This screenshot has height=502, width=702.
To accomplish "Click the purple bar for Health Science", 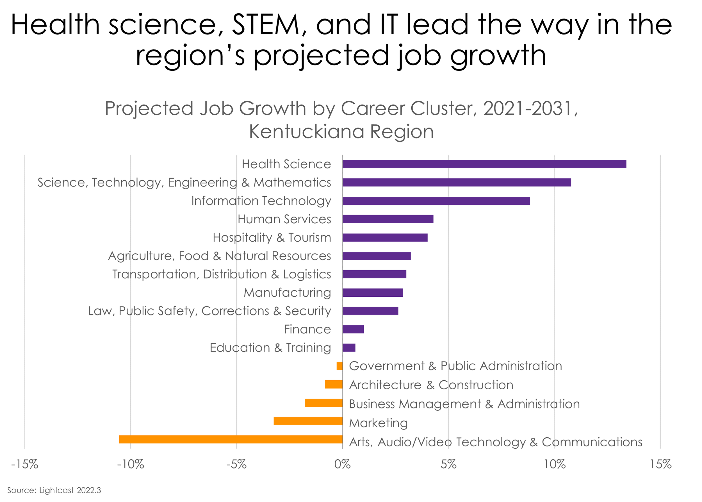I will click(x=484, y=164).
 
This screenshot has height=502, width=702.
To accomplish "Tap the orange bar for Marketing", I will click(x=308, y=421).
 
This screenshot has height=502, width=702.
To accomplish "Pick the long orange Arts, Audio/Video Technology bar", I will click(x=231, y=439).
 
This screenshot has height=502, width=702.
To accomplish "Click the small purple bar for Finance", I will click(x=353, y=329).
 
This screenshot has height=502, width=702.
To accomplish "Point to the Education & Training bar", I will click(x=349, y=348).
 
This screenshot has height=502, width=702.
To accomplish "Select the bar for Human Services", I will click(x=388, y=219).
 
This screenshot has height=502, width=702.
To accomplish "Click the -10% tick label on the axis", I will click(x=130, y=464).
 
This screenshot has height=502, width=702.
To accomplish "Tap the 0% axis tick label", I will click(x=342, y=464).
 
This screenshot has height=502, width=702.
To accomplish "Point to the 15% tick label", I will click(x=660, y=464).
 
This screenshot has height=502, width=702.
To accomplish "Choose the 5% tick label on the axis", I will click(x=448, y=464).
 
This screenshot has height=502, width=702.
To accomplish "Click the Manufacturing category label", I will click(x=287, y=292).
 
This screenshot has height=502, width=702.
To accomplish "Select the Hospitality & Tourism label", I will click(x=272, y=237).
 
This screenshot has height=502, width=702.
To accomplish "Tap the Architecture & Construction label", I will click(x=431, y=385).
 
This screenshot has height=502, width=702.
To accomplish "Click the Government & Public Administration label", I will click(x=455, y=366).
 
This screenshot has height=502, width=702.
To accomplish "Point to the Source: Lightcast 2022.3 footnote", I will click(x=54, y=490).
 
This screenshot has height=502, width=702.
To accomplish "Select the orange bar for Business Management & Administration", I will click(x=323, y=403).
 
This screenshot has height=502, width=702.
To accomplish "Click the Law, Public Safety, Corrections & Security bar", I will click(x=370, y=311).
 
